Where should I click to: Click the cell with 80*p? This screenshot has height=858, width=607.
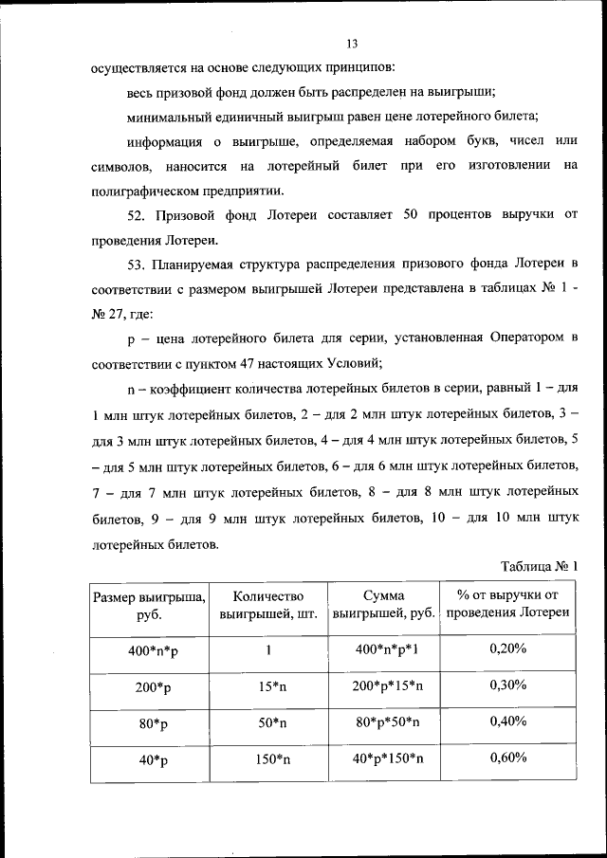pyautogui.click(x=149, y=722)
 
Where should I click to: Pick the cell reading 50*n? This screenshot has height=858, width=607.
pyautogui.click(x=268, y=722)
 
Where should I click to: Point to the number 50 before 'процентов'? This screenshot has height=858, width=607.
pyautogui.click(x=412, y=215)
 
